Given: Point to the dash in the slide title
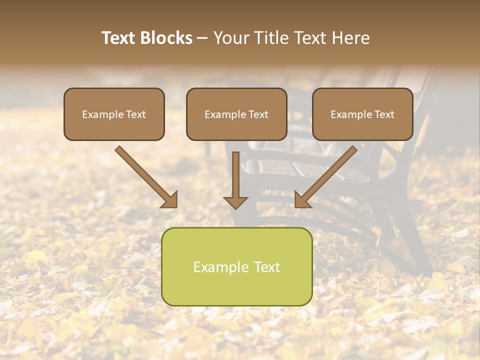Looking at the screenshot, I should point(202,38).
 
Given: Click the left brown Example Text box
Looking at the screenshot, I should point(114,114).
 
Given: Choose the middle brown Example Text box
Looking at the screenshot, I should point(236,114).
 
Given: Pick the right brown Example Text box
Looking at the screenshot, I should point(362,114).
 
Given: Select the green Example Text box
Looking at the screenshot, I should point(236,266).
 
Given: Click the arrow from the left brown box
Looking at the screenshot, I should point(145,176).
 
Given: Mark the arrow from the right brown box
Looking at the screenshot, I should point(327,176).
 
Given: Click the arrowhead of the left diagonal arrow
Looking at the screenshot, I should point(170,200).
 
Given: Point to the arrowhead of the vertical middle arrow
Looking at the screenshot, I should point(235,202).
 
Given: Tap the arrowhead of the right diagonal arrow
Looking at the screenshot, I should point(302,200).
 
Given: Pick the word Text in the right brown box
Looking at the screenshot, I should point(384,114).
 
